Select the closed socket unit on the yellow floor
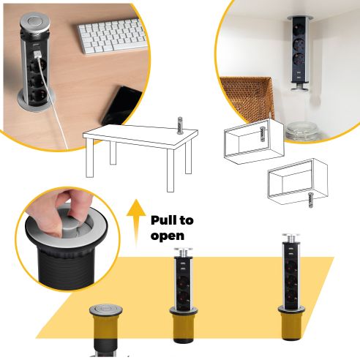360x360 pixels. click(107, 326)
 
